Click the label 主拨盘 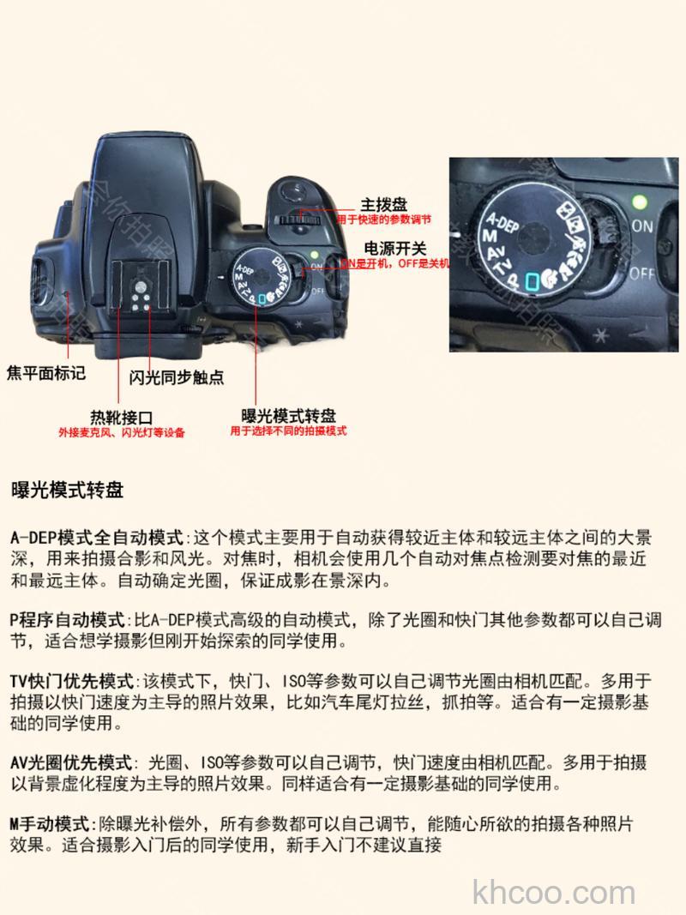[x=383, y=205]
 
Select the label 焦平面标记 [x=46, y=373]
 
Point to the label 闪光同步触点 [x=177, y=377]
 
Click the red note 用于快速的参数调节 [x=383, y=220]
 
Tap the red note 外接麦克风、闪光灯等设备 [x=122, y=432]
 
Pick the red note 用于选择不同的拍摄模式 [x=288, y=431]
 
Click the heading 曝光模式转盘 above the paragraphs [x=67, y=491]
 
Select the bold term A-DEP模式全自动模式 [x=97, y=539]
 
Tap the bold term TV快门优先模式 [x=73, y=682]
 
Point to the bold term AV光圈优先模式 [x=72, y=762]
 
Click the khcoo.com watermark [x=554, y=892]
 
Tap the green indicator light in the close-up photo [x=637, y=203]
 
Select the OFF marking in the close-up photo [x=642, y=274]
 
